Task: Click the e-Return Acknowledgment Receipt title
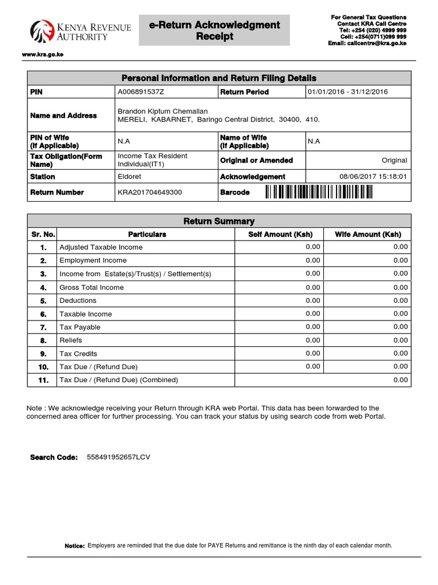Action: click(x=214, y=30)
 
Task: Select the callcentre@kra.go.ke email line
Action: click(x=367, y=43)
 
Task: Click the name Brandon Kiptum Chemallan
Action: click(x=163, y=111)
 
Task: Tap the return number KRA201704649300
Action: click(x=149, y=193)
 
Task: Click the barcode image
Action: click(x=319, y=193)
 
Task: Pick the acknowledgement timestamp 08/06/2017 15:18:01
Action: click(x=373, y=177)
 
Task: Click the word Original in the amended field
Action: click(x=395, y=161)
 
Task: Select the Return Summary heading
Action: click(x=218, y=221)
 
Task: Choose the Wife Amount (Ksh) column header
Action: click(x=367, y=234)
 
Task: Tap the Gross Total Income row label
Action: click(x=91, y=287)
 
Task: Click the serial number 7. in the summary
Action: click(x=43, y=327)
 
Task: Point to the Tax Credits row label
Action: click(x=78, y=354)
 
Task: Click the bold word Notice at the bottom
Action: click(x=75, y=546)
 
